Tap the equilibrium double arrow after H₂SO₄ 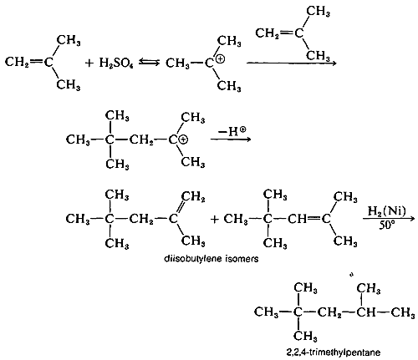click(x=149, y=63)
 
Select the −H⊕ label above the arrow click(x=232, y=131)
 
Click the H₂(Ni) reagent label click(x=387, y=211)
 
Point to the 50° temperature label click(x=387, y=225)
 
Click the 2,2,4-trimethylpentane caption click(x=333, y=352)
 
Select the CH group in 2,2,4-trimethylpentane click(x=365, y=312)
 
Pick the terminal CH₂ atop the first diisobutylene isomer click(x=193, y=198)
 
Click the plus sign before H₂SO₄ click(x=89, y=63)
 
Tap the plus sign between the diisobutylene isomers click(x=215, y=220)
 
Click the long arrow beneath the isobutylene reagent click(x=292, y=63)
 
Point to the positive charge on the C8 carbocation click(x=183, y=140)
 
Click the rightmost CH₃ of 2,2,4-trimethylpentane click(x=402, y=312)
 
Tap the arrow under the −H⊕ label click(x=231, y=139)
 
